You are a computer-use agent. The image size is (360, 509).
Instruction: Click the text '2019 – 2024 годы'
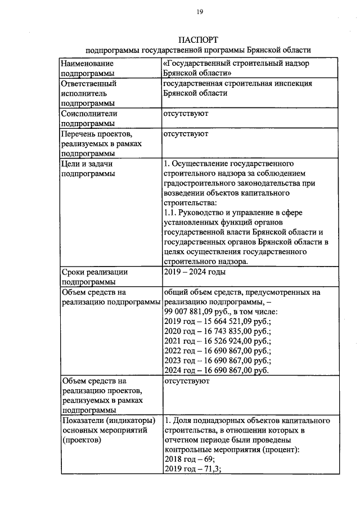pyautogui.click(x=195, y=272)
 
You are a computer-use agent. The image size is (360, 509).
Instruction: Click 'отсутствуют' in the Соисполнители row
pyautogui.click(x=186, y=114)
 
